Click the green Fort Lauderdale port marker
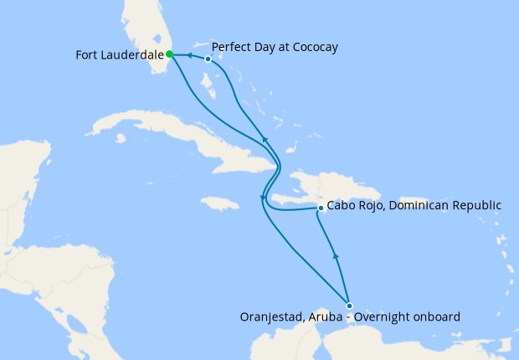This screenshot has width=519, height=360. click(169, 54)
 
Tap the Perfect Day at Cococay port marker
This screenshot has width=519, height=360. click(208, 59)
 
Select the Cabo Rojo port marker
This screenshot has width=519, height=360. click(321, 208)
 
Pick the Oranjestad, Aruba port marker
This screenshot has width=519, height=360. click(349, 306)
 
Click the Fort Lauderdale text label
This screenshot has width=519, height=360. click(118, 54)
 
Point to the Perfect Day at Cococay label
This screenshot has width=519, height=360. click(275, 47)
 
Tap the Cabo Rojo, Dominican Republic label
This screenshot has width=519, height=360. click(414, 204)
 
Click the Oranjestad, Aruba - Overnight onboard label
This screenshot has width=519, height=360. click(350, 316)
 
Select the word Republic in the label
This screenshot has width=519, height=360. click(474, 204)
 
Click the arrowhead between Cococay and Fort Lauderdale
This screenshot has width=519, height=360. click(190, 56)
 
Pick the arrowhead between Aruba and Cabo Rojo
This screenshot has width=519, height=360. click(335, 255)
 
